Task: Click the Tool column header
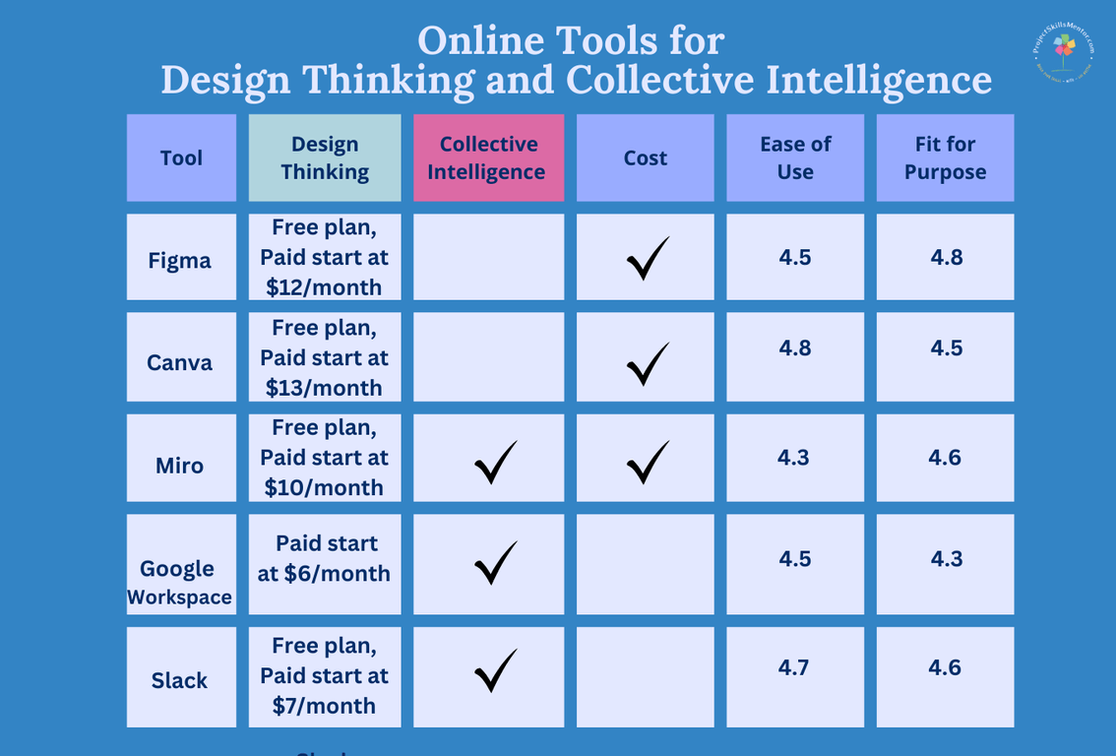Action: click(181, 157)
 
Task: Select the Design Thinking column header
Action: click(325, 157)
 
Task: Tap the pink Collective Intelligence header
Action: click(488, 157)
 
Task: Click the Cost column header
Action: click(645, 157)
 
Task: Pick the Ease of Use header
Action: click(795, 157)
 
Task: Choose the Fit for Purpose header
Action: click(945, 157)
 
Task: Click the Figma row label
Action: click(180, 261)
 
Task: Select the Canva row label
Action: click(180, 362)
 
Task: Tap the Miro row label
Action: click(180, 465)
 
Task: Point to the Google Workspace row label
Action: click(180, 582)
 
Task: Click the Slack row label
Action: click(180, 680)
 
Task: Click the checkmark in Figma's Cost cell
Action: click(648, 258)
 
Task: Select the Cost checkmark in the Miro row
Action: click(648, 462)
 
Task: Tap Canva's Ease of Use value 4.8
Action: click(795, 347)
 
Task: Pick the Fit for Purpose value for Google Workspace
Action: click(945, 558)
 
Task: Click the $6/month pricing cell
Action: click(324, 558)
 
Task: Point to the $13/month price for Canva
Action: click(324, 387)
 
